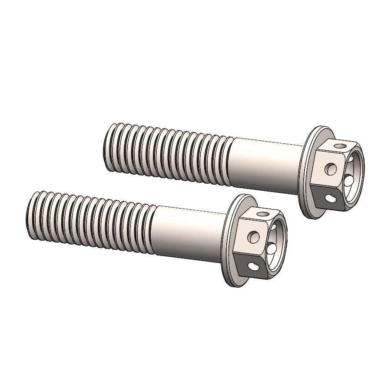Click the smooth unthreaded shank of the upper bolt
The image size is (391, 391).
[x=265, y=165]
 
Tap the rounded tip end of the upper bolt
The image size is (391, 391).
[x=106, y=143]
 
